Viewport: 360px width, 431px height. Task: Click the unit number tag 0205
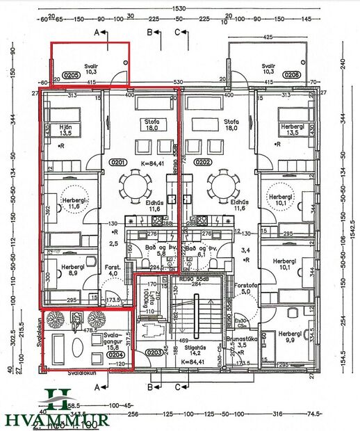[x=70, y=74]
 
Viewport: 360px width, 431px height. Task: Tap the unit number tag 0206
[x=292, y=74]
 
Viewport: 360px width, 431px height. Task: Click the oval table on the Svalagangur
[x=58, y=346]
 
